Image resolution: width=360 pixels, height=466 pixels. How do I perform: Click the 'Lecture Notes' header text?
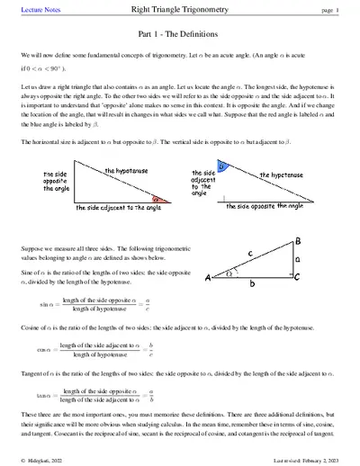[37, 10]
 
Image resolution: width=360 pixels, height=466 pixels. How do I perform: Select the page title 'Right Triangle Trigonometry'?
[180, 10]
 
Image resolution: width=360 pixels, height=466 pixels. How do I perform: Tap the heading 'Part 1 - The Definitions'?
[180, 34]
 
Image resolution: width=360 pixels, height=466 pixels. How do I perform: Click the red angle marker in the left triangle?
[157, 199]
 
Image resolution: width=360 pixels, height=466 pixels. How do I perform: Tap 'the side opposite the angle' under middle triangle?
[271, 206]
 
